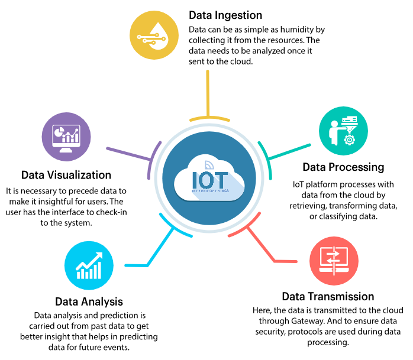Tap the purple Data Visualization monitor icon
66,137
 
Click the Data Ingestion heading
225,15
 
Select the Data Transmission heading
328,296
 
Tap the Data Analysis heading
89,301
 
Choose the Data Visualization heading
66,175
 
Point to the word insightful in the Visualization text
62,202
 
